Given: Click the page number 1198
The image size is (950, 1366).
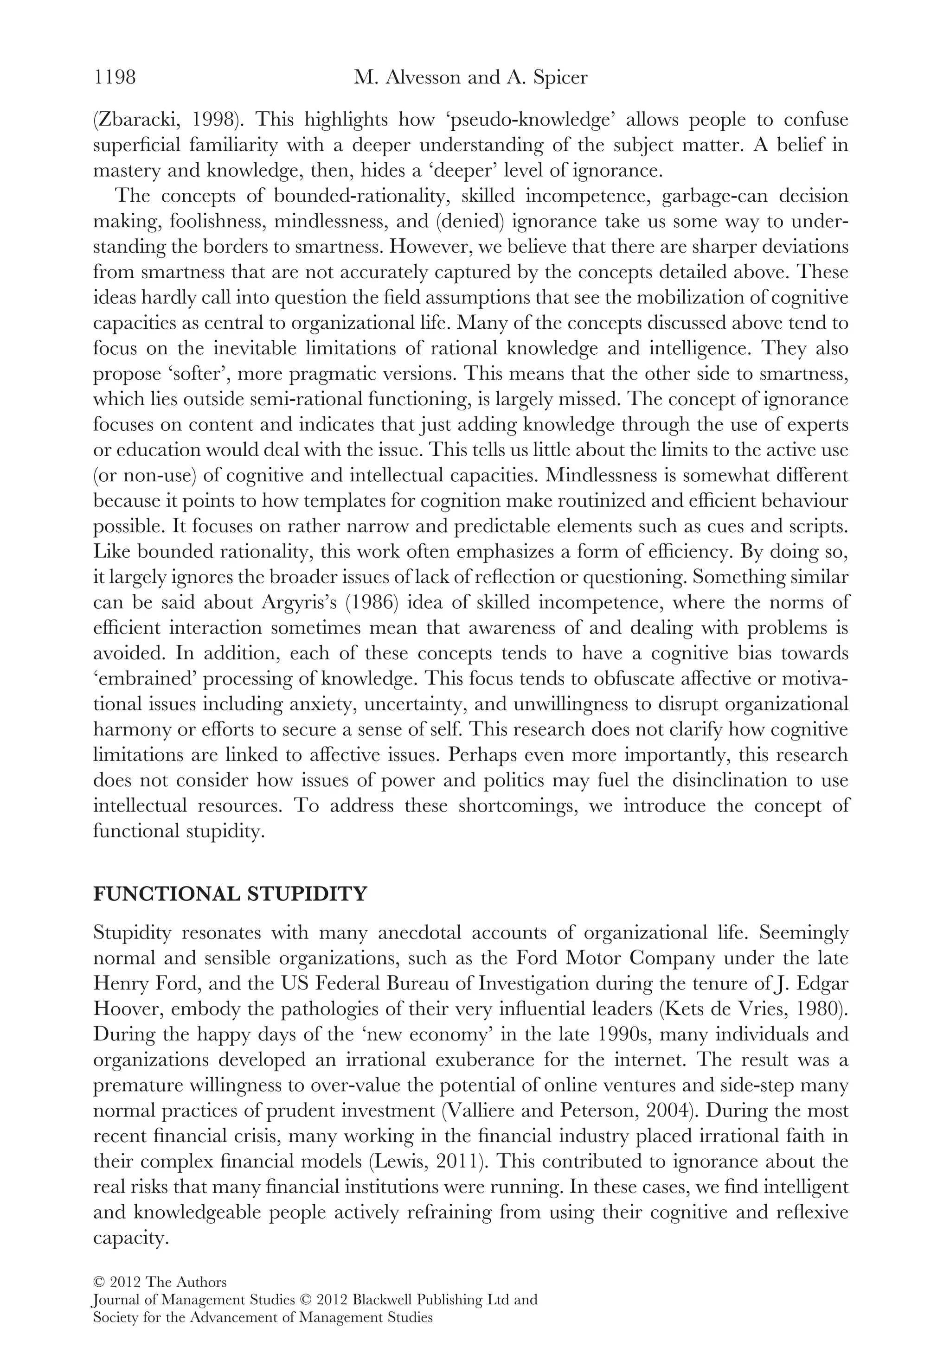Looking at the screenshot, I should point(115,77).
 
